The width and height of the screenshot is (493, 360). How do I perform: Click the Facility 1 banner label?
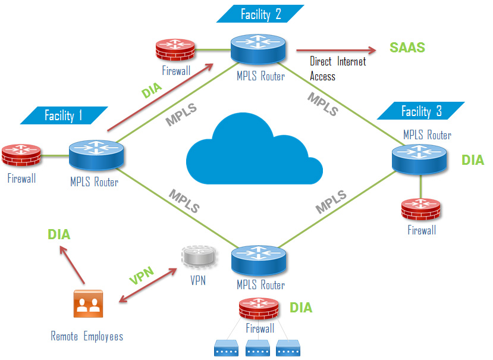click(x=64, y=115)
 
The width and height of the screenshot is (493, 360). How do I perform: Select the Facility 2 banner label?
click(x=261, y=14)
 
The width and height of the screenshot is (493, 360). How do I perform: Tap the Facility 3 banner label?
click(x=421, y=111)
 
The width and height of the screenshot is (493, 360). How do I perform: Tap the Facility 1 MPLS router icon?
click(x=94, y=156)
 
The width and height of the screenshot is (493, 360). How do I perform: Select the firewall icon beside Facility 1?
click(x=21, y=155)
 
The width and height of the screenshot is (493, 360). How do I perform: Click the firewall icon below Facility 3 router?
click(x=421, y=209)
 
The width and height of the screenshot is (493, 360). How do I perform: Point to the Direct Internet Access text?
click(x=337, y=68)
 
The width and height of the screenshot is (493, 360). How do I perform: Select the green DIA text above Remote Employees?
click(x=59, y=234)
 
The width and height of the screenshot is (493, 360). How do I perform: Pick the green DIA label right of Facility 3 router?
click(x=473, y=159)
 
